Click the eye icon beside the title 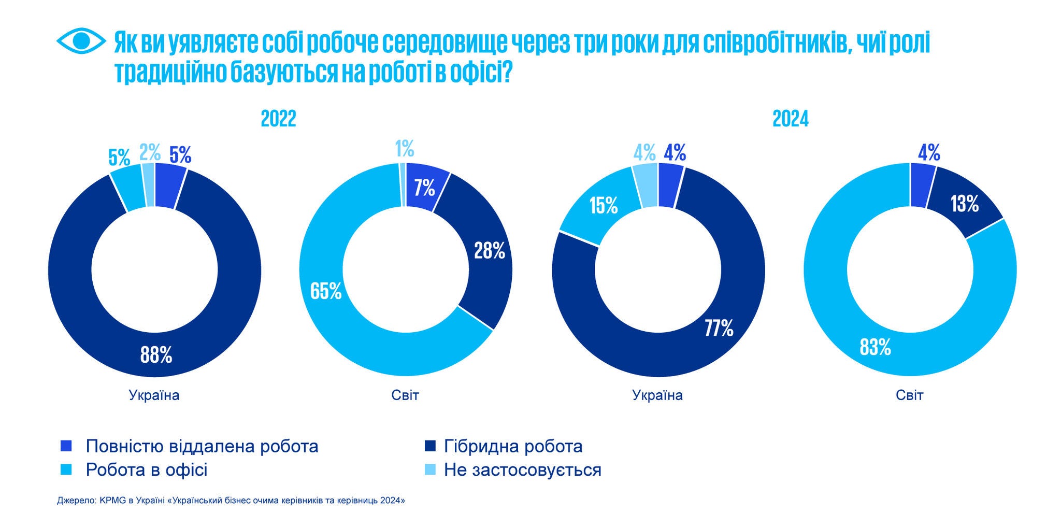point(81,40)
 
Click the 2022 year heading point(278,119)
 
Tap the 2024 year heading point(790,119)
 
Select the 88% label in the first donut point(156,355)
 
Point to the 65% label point(326,291)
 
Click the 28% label point(490,251)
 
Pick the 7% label point(424,188)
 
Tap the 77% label point(719,328)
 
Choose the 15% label point(604,206)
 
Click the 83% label point(875,347)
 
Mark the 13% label point(964,204)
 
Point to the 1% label point(405,149)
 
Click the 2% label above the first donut point(150,153)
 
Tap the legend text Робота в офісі point(147,470)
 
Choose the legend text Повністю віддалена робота point(202,446)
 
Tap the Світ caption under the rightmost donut point(910,395)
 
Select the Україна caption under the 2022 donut point(154,395)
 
